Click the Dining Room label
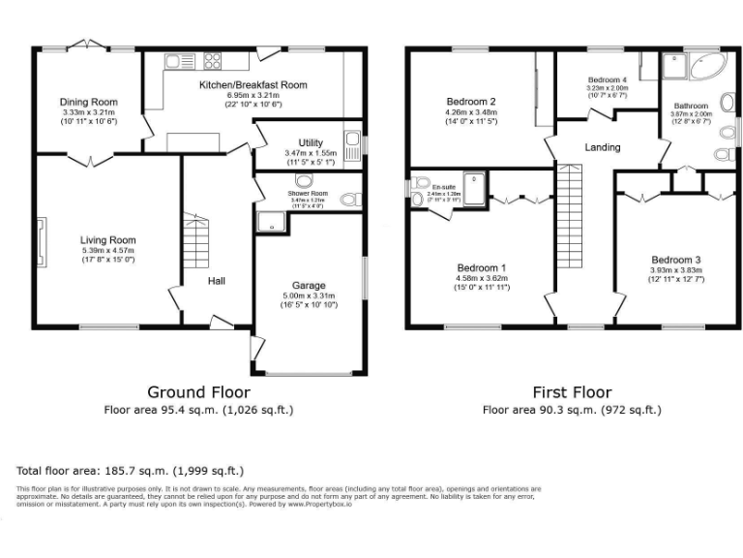88,102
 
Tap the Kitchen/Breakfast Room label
253,85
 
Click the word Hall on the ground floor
216,281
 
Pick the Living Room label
107,240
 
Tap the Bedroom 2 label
471,102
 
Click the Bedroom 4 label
608,79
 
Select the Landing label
603,147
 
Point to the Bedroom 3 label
675,260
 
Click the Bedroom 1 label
483,267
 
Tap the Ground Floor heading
198,392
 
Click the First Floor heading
572,392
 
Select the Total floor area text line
130,470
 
